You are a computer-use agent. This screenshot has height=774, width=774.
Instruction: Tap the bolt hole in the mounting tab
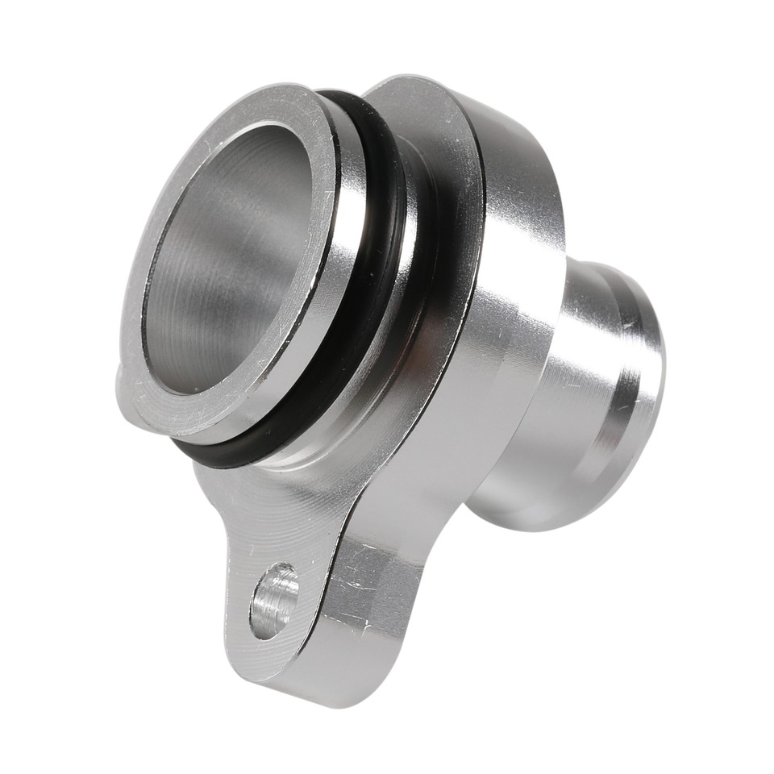[x=273, y=600]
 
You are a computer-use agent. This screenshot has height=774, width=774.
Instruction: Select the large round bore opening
[x=230, y=258]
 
